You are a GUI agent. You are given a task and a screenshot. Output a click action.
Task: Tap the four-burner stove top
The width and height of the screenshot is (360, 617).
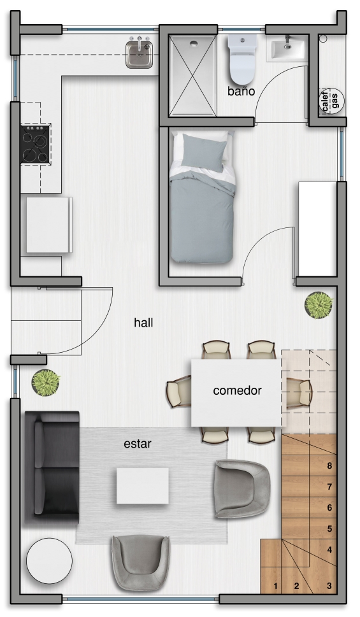point(36,143)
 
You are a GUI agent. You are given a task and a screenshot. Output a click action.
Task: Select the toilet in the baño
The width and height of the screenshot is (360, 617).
point(241,57)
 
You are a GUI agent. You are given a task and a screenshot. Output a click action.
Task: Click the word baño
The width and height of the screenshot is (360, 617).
point(241,91)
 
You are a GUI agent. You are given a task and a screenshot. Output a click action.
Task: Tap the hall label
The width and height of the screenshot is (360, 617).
point(143,323)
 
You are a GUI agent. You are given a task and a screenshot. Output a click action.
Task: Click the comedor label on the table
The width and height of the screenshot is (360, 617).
point(237,391)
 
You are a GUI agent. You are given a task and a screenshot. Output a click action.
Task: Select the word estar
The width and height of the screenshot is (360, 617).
point(138,444)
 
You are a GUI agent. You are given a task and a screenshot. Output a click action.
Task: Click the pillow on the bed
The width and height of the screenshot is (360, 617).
point(204,152)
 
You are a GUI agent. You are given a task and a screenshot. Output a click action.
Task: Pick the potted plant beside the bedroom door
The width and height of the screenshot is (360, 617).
point(319,305)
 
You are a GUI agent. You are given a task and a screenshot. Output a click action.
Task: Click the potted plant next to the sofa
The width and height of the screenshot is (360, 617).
point(46,383)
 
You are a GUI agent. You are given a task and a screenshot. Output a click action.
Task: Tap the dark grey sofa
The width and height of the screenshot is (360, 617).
point(52,468)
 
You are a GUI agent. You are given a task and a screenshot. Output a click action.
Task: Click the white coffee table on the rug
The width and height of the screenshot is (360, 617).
point(143,486)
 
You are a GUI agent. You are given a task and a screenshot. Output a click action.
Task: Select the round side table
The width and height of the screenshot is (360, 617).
point(49,561)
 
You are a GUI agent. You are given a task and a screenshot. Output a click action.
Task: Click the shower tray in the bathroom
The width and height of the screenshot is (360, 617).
point(192,76)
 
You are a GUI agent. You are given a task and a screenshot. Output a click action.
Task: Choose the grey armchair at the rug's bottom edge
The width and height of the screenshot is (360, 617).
point(140,563)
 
